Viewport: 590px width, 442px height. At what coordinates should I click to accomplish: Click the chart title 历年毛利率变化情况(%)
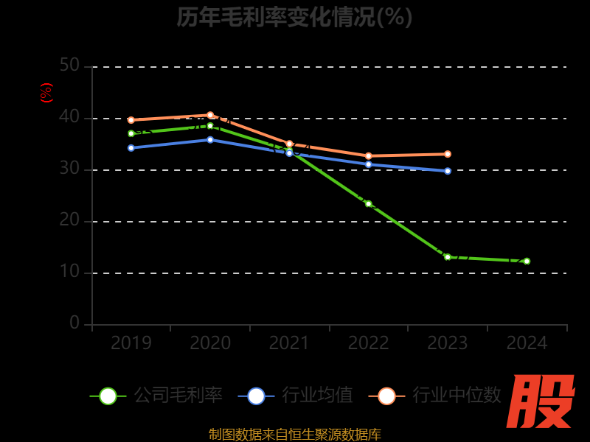coord(294,17)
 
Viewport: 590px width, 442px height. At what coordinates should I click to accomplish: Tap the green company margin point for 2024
coord(527,261)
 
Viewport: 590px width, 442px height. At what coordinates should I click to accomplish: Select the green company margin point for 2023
coord(448,257)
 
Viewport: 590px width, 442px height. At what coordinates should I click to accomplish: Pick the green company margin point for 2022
coord(369,203)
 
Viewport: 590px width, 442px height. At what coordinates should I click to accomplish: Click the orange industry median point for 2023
coord(448,154)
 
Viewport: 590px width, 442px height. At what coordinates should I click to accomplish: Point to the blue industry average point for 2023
coord(448,171)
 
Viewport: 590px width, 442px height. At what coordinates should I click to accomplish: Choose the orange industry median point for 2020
coord(210,115)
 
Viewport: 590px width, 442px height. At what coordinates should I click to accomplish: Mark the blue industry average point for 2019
coord(131,148)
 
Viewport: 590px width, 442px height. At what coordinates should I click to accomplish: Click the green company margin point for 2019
coord(131,133)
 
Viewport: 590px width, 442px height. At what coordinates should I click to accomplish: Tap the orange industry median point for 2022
coord(369,156)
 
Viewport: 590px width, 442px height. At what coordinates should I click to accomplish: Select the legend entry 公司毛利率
coord(156,396)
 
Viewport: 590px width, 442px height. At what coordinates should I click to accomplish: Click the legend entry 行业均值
coord(296,396)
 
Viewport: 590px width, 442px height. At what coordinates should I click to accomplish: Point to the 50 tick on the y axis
coord(69,66)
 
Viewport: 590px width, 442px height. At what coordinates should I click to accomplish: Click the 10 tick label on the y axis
coord(69,272)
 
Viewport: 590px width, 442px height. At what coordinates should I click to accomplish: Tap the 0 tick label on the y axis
coord(74,323)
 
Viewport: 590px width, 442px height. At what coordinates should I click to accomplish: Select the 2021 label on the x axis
coord(289,343)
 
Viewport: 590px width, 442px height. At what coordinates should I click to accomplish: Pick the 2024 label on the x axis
coord(527,343)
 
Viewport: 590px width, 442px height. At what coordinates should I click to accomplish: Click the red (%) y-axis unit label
coord(46,93)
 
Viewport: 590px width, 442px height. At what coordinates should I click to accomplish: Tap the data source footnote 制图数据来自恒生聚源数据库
coord(294,435)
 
